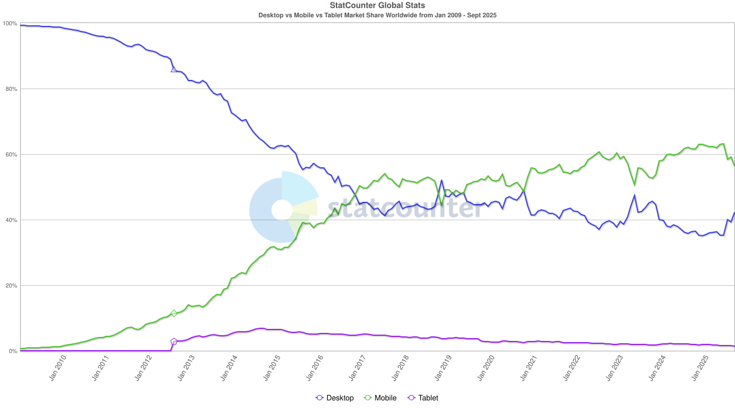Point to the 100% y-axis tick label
point(10,24)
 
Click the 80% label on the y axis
point(11,89)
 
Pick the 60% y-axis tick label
point(11,155)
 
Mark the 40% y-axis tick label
point(11,220)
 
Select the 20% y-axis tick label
point(11,286)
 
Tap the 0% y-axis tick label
point(13,351)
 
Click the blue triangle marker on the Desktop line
point(174,70)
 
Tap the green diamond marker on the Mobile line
point(174,313)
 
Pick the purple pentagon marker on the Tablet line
point(174,342)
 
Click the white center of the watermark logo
point(281,210)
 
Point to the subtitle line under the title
point(377,15)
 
